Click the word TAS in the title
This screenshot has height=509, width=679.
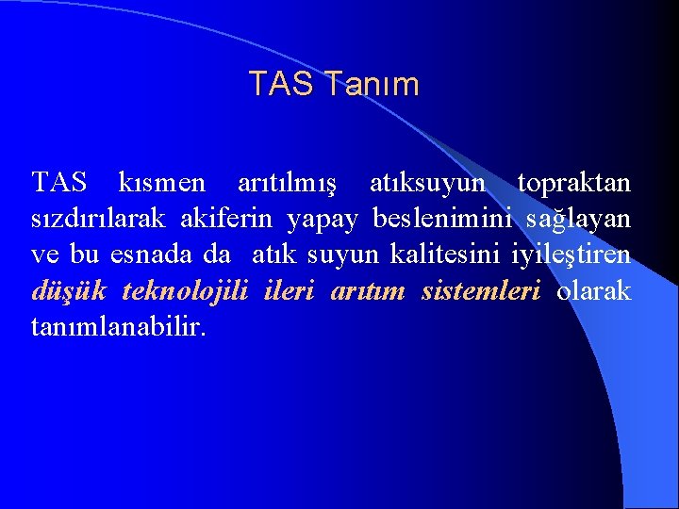click(x=280, y=85)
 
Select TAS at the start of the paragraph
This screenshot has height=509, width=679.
click(x=58, y=182)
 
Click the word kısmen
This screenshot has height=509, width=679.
click(x=162, y=182)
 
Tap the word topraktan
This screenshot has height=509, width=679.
click(x=574, y=182)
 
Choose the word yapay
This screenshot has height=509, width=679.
click(x=323, y=221)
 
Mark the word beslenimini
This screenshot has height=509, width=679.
click(x=442, y=219)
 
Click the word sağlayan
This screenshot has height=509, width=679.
click(x=579, y=221)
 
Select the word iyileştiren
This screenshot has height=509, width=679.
click(x=571, y=256)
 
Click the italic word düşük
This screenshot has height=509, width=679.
click(x=69, y=292)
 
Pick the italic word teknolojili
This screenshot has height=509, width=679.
click(x=185, y=292)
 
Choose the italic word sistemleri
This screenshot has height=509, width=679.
click(x=481, y=291)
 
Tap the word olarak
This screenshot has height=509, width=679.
click(x=594, y=291)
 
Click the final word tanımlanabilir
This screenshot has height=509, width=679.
click(x=117, y=328)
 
